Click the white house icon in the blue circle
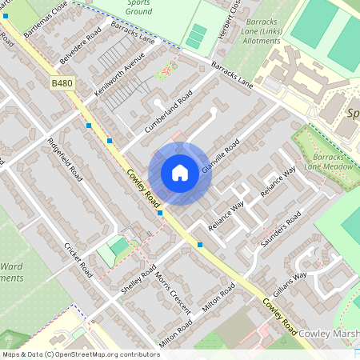(x=180, y=173)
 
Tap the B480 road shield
(x=62, y=82)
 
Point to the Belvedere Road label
(x=81, y=46)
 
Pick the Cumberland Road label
(x=169, y=112)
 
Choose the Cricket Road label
(x=79, y=258)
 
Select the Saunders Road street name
(x=282, y=229)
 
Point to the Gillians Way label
(x=290, y=287)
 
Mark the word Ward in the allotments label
(x=11, y=265)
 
